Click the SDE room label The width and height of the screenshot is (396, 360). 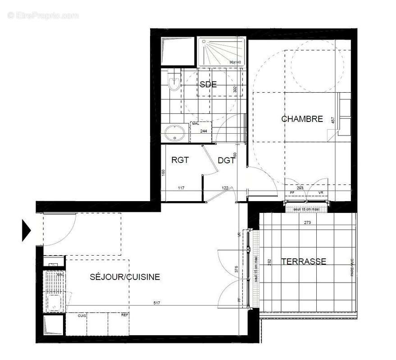coord(208,84)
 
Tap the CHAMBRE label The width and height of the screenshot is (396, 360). coord(302,119)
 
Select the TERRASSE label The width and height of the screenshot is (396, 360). coord(304,261)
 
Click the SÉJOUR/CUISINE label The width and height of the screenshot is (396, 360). coord(125,277)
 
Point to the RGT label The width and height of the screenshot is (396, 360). coord(180,160)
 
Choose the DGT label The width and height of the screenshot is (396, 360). coord(226,160)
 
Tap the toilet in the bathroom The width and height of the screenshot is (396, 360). coord(173,81)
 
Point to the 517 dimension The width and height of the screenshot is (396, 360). coord(157,303)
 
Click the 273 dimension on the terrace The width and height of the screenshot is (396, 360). coord(308,222)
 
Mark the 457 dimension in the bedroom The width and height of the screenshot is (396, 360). coord(333,121)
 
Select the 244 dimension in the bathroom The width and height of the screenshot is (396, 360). coord(203,131)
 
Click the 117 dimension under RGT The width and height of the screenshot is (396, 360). coord(181,188)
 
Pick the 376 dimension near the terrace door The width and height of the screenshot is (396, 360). coord(236,270)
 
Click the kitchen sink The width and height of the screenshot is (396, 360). coord(55,302)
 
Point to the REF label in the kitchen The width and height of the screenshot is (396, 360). coord(124,315)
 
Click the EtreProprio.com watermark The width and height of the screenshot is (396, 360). coord(43,15)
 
